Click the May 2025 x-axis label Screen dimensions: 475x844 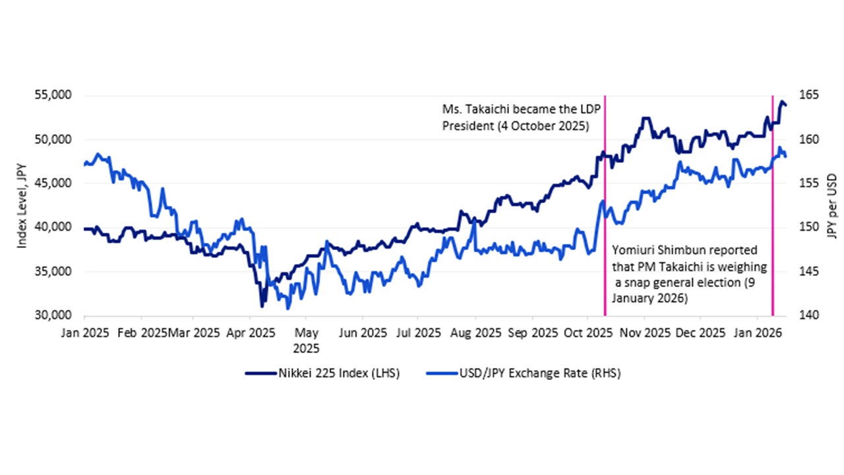tap(306, 341)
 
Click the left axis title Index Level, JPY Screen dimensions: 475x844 tap(22, 206)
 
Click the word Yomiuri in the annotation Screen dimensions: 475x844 tap(632, 250)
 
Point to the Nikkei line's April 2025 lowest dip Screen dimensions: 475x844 tap(262, 306)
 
